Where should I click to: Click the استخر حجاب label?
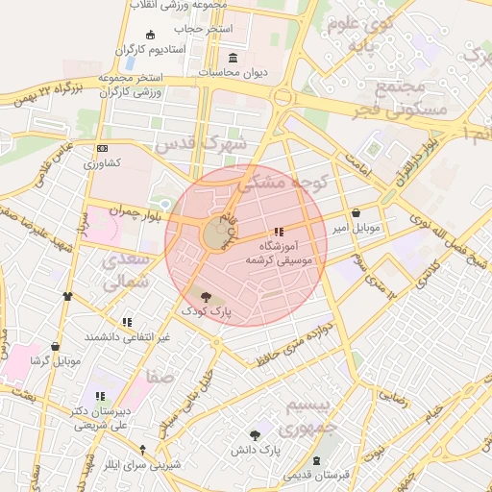210,29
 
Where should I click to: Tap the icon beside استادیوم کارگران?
150,36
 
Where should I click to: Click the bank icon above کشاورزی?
102,148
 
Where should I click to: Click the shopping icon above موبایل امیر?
357,213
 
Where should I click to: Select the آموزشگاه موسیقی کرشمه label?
279,253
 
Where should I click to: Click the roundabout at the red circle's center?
214,233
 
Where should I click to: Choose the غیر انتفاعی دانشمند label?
127,336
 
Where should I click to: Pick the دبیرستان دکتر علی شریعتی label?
99,416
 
